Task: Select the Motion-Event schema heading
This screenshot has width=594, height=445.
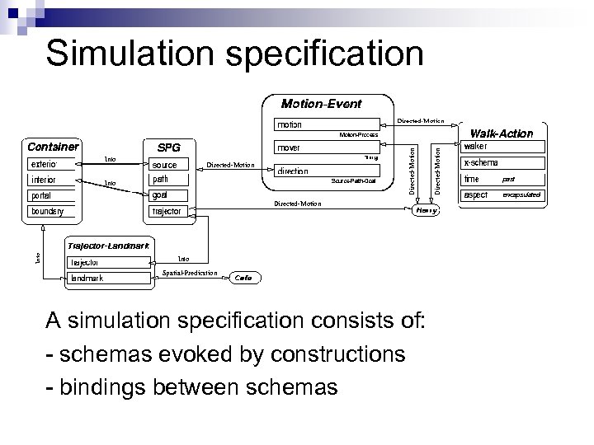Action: [x=321, y=104]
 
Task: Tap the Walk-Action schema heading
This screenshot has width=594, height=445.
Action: [x=501, y=133]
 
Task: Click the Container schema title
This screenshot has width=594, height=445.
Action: [x=53, y=147]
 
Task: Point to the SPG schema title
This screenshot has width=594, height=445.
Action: [x=168, y=148]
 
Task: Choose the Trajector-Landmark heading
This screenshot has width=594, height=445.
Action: [x=108, y=246]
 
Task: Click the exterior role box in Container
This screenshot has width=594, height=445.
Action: [x=52, y=164]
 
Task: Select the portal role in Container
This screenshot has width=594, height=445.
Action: [x=52, y=195]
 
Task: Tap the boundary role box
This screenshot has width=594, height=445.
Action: [x=52, y=211]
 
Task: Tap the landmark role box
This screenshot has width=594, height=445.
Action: [x=109, y=278]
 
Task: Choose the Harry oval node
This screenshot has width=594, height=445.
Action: [x=426, y=210]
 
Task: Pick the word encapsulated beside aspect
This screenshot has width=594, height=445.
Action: [x=521, y=195]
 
